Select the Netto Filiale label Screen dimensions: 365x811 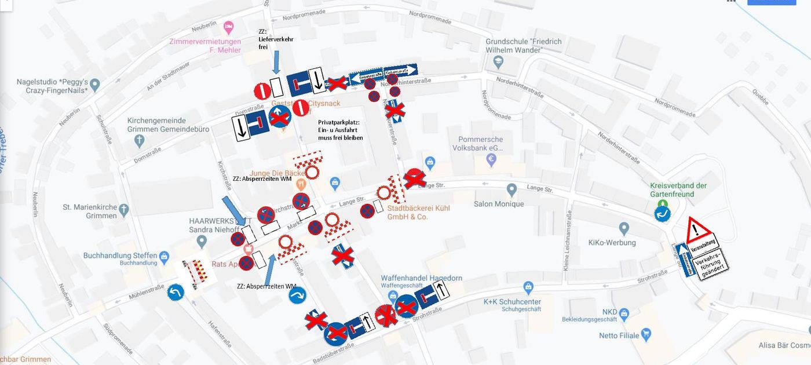(x=619, y=335)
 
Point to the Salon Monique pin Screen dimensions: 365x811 (x=512, y=190)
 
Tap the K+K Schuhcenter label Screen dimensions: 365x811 (x=512, y=302)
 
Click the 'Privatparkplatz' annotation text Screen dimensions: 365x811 (x=340, y=130)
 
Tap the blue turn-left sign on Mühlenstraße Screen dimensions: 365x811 (x=176, y=291)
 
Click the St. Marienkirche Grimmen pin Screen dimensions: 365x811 (x=123, y=208)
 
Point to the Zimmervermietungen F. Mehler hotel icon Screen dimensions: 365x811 (x=229, y=27)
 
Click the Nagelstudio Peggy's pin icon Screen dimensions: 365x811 (x=96, y=85)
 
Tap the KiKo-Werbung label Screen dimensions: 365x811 (x=612, y=242)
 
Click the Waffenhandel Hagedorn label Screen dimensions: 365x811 (x=421, y=278)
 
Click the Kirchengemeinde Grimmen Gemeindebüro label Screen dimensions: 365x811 (x=168, y=125)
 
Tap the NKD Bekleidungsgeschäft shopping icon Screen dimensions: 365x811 (x=624, y=313)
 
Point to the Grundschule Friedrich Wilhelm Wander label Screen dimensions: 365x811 (x=523, y=46)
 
